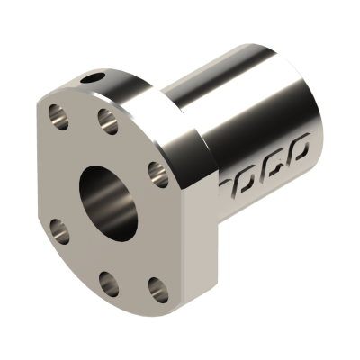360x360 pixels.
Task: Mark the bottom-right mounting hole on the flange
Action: point(154,288)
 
